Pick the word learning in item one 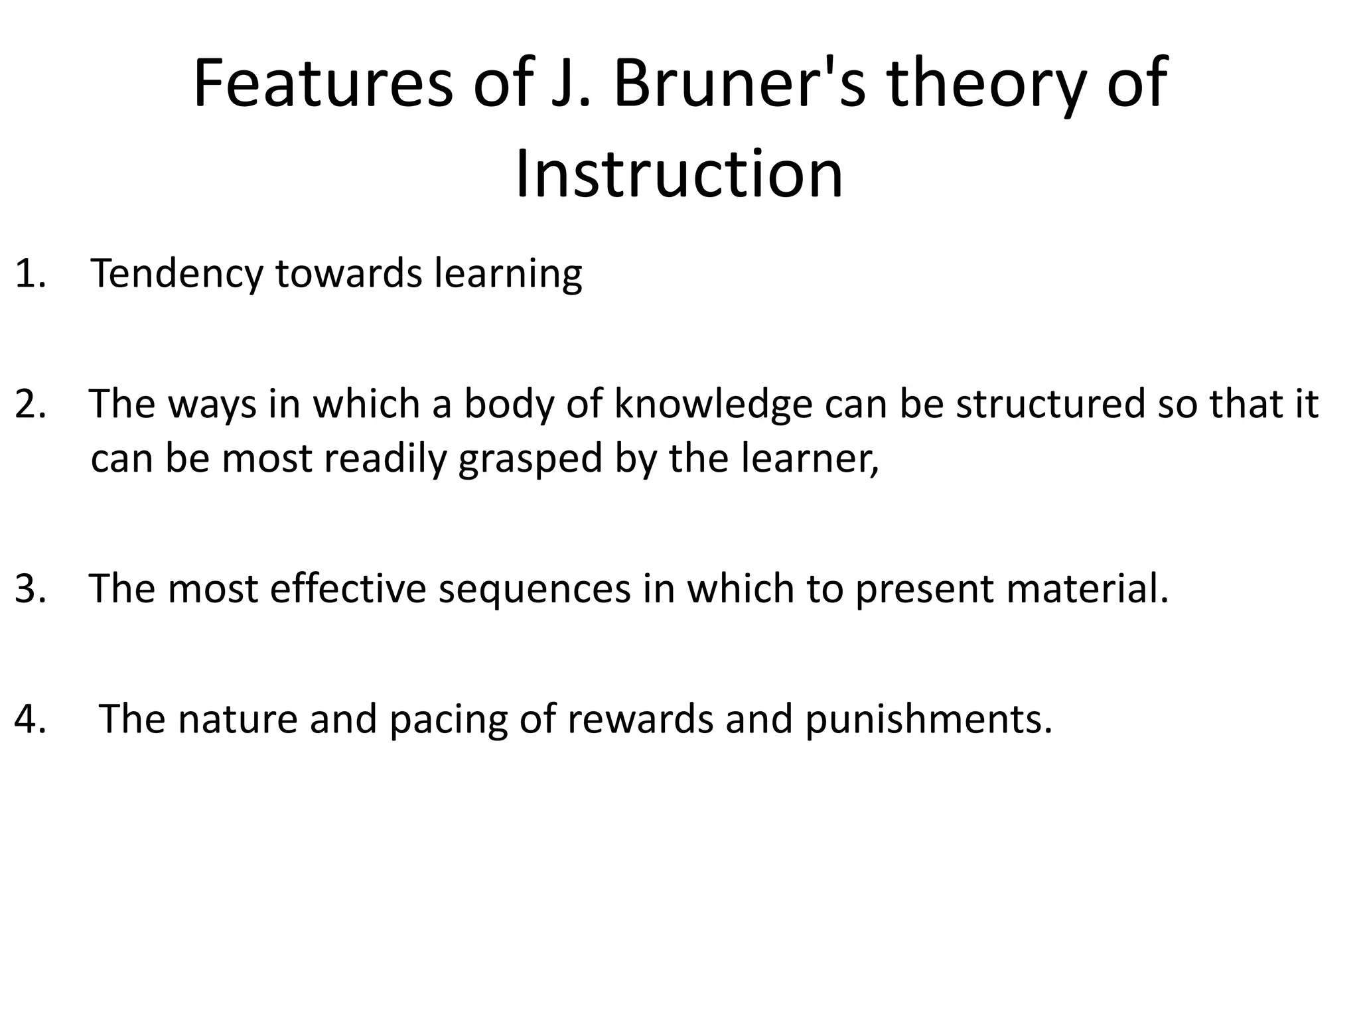(x=508, y=275)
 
